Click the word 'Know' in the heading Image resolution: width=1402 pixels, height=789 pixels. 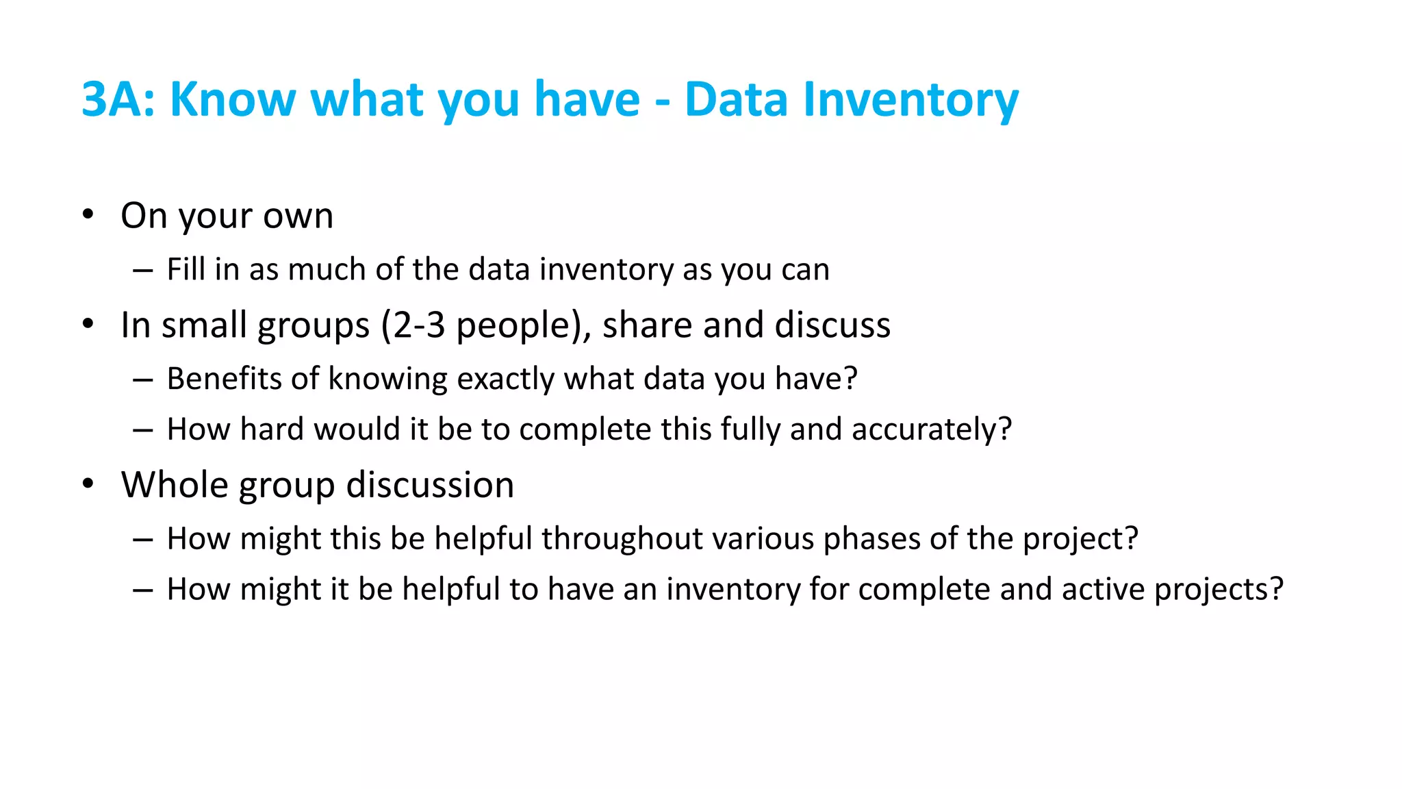[233, 100]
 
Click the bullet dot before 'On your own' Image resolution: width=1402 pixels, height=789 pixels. [88, 214]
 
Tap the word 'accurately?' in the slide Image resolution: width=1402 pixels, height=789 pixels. [931, 430]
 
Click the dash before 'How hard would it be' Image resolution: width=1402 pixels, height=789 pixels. [142, 430]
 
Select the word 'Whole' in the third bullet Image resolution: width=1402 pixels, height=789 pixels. [174, 485]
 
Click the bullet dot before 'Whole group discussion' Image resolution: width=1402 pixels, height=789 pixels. [88, 484]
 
